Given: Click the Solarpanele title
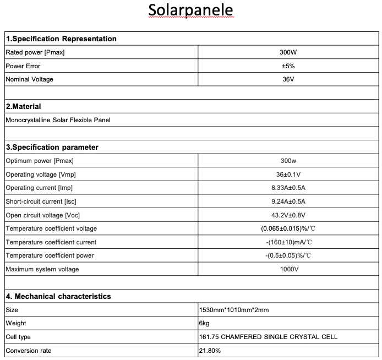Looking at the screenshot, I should click(x=190, y=10).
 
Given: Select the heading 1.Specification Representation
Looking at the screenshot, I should click(x=61, y=39).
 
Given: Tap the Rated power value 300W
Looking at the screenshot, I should click(x=289, y=52).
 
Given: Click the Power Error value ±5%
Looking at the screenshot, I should click(x=289, y=66).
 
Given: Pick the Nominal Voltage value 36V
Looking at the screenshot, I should click(x=289, y=79).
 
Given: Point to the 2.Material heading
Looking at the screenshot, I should click(x=24, y=106).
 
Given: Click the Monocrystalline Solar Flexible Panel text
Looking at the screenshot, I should click(x=54, y=120).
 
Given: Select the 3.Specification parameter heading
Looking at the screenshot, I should click(x=52, y=147).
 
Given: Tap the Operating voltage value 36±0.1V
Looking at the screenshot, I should click(x=289, y=174).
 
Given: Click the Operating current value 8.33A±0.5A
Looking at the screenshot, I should click(x=289, y=188).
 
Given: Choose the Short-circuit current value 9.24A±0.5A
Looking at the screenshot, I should click(x=289, y=201).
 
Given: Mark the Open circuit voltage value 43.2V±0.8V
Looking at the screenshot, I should click(x=289, y=215).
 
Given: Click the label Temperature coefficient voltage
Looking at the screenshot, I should click(x=51, y=228).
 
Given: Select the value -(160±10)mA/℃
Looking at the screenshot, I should click(x=289, y=242).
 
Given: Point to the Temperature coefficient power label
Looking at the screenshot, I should click(x=50, y=255).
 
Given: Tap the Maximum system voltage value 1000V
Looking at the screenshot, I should click(x=289, y=269).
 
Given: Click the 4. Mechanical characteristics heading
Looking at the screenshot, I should click(x=58, y=296).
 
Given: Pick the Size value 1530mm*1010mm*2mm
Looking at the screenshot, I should click(x=234, y=310).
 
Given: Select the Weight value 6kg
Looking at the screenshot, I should click(x=205, y=323).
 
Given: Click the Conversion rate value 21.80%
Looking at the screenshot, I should click(x=210, y=350).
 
